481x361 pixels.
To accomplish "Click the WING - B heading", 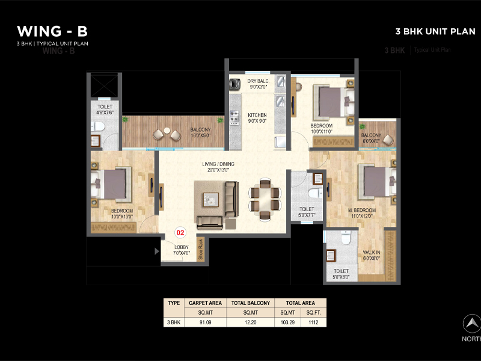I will click(53, 31).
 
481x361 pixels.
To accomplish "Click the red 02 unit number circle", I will click(179, 232).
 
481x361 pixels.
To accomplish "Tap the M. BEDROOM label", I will click(361, 210).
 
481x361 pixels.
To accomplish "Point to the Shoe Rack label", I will click(201, 250).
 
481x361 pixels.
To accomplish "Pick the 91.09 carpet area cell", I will click(206, 322).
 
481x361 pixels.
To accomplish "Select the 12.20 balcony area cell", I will click(251, 322).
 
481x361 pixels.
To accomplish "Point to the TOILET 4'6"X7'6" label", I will click(105, 109).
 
